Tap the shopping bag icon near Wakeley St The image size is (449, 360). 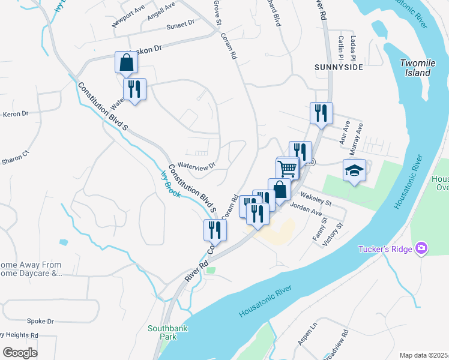point(279,189)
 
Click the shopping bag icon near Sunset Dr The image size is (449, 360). point(126,62)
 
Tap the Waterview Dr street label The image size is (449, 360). point(196,166)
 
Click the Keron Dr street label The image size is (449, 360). point(16,114)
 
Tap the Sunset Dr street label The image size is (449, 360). point(181,24)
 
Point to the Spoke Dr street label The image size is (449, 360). point(41,322)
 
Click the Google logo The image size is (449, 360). point(20,352)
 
